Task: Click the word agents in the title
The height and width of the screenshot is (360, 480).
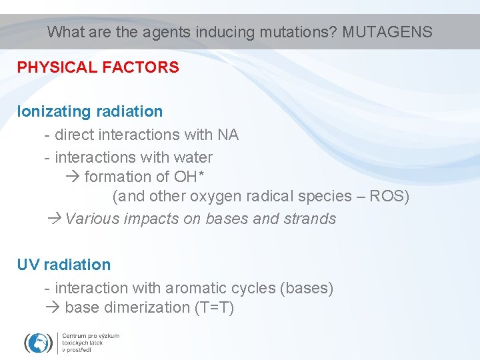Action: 160,31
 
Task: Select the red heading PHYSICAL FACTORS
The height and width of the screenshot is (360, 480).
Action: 98,67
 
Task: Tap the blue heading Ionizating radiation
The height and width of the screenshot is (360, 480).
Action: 90,111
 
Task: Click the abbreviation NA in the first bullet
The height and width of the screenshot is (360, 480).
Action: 228,135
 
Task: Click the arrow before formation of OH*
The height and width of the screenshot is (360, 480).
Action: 73,177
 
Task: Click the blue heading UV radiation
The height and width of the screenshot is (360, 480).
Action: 64,265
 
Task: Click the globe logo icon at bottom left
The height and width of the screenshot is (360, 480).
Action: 39,343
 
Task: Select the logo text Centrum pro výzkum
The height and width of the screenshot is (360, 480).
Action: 91,335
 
